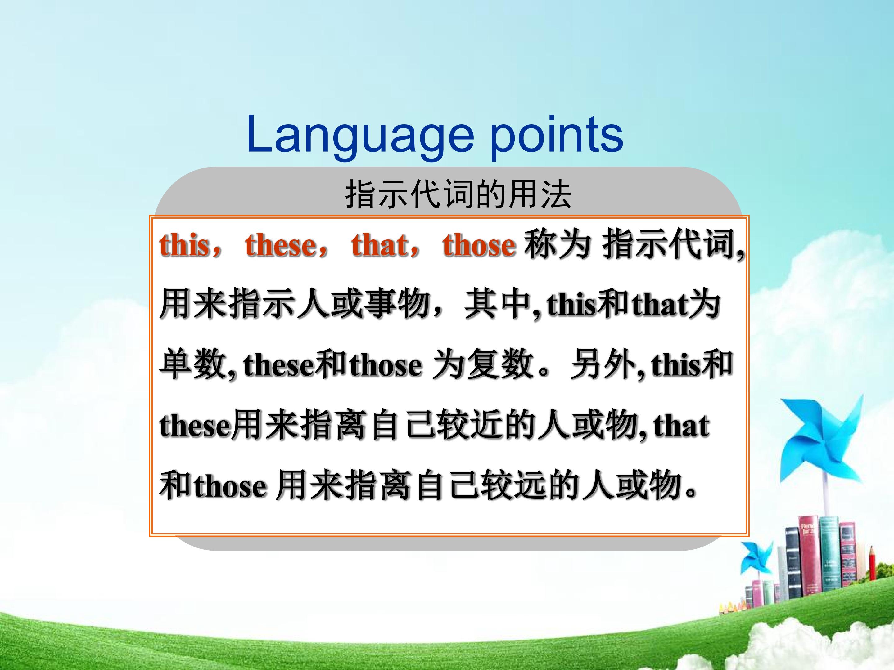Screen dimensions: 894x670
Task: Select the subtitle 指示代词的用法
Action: pyautogui.click(x=458, y=195)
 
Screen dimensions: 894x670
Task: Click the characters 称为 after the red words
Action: pyautogui.click(x=557, y=244)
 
